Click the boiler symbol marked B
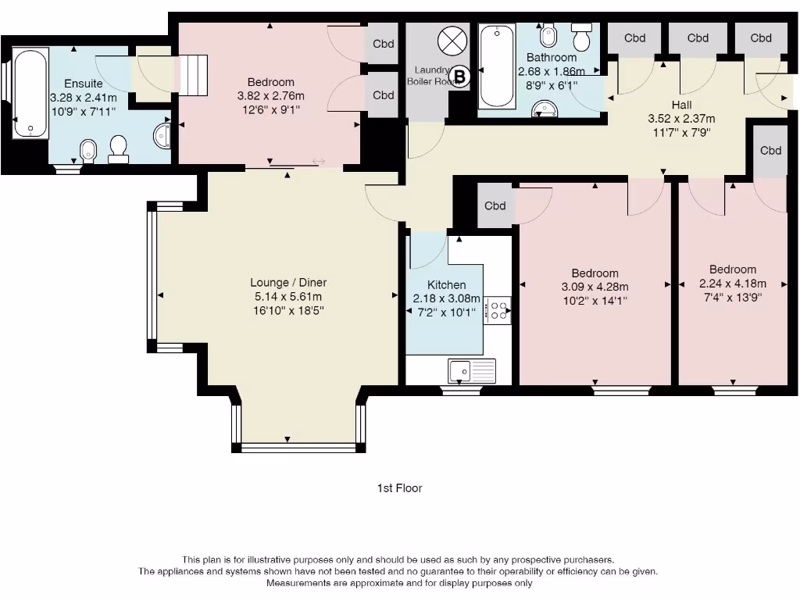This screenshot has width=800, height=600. click(x=460, y=77)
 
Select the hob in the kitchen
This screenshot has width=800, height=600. click(x=497, y=310)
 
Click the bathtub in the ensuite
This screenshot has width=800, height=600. click(x=30, y=93)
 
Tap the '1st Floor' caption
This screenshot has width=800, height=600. click(x=399, y=488)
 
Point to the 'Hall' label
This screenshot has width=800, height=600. click(x=681, y=105)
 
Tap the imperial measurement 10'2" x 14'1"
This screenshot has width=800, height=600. click(x=595, y=299)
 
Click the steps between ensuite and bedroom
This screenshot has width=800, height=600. click(x=195, y=76)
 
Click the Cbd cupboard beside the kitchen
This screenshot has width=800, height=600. click(x=495, y=206)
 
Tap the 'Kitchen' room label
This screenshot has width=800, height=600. click(x=446, y=285)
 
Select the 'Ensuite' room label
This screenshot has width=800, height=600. click(x=84, y=84)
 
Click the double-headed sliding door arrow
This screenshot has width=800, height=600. click(x=319, y=162)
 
